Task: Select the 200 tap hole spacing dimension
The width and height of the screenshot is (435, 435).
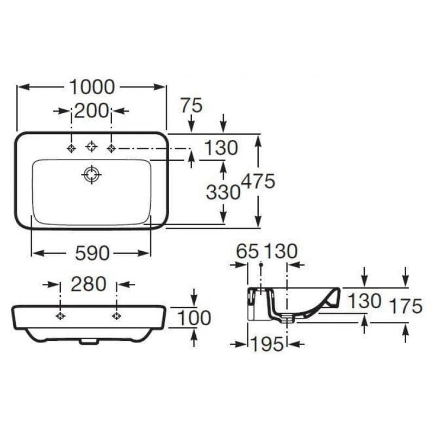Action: tap(91, 111)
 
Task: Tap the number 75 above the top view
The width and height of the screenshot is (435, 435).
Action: tap(191, 105)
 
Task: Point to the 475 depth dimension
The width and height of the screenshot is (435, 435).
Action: tap(259, 181)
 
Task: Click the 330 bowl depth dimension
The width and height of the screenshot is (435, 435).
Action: tap(223, 191)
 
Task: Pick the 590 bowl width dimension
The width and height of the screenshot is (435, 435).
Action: tap(91, 253)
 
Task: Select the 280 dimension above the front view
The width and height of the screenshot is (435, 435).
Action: tap(88, 284)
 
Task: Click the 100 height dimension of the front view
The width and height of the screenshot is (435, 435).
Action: tap(195, 318)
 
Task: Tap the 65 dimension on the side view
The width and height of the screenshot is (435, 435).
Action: tap(248, 251)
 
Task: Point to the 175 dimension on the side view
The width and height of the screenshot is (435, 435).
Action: tap(406, 307)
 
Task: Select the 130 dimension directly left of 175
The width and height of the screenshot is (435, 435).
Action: tap(364, 301)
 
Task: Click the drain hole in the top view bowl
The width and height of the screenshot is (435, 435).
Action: tap(91, 174)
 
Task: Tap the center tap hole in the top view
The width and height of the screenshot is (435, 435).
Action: tap(91, 146)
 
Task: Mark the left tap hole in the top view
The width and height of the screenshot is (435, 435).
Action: tap(71, 148)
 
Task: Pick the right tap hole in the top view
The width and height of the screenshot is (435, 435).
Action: tap(111, 148)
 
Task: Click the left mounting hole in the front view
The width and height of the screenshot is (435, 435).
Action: tap(60, 316)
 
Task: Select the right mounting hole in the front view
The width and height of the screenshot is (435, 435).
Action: tap(116, 316)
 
